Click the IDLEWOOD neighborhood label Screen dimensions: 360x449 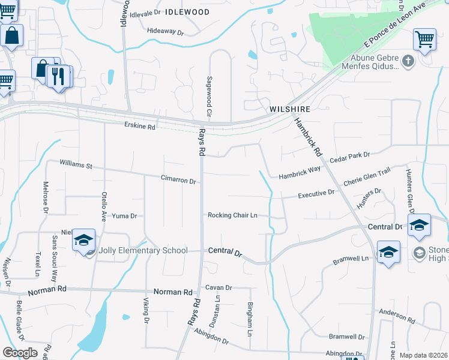pyautogui.click(x=187, y=12)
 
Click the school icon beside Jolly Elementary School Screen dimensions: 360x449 pyautogui.click(x=84, y=241)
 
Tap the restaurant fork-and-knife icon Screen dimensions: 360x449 pyautogui.click(x=58, y=76)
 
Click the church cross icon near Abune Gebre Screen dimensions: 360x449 pyautogui.click(x=408, y=61)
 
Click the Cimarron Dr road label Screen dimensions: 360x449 pyautogui.click(x=178, y=180)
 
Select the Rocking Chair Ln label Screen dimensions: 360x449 pyautogui.click(x=232, y=215)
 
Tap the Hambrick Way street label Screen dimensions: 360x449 pyautogui.click(x=300, y=176)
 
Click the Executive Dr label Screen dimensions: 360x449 pyautogui.click(x=316, y=194)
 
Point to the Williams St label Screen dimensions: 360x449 pyautogui.click(x=76, y=164)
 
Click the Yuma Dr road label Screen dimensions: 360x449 pyautogui.click(x=125, y=216)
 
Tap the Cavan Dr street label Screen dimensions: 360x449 pyautogui.click(x=218, y=288)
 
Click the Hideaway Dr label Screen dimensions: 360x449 pyautogui.click(x=165, y=31)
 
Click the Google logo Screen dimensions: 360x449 pyautogui.click(x=20, y=353)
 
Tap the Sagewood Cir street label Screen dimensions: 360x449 pyautogui.click(x=209, y=96)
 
